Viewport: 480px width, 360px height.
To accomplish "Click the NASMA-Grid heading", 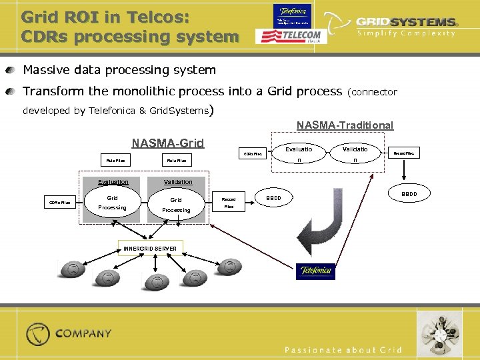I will pos(167,143).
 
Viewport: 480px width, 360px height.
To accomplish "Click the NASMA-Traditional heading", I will pos(345,125).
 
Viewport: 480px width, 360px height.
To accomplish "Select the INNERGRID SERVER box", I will pos(150,248).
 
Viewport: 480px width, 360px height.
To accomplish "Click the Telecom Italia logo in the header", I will pos(289,35).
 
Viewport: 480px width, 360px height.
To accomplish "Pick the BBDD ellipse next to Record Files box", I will pos(274,199).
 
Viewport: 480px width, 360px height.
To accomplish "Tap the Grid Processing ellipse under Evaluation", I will pos(112,203).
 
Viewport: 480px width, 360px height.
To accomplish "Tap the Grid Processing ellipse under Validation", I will pos(175,204).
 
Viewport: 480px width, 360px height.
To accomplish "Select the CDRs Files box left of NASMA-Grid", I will pos(59,203).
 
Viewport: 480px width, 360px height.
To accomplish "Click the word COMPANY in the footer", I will pos(83,333).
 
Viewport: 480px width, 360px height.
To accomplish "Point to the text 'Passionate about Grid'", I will pos(343,350).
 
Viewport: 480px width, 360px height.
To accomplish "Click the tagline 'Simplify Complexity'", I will pos(406,33).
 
